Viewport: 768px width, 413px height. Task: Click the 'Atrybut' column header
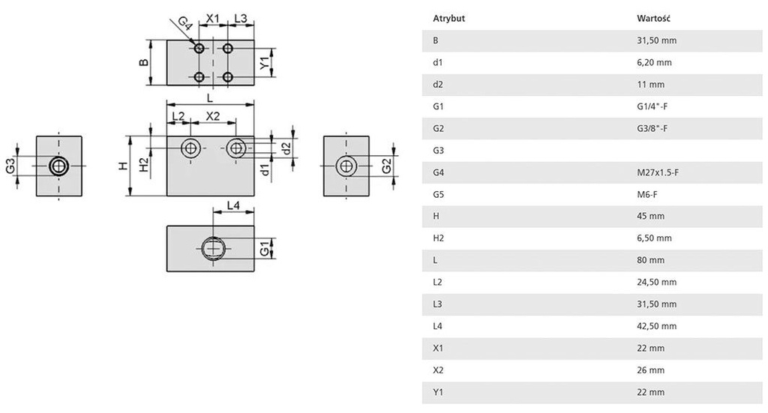[449, 19]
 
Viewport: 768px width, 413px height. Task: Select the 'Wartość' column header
[652, 19]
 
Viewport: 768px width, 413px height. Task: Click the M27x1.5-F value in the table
[657, 172]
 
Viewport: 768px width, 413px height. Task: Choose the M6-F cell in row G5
[646, 195]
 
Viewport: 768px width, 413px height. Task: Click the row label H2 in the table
[438, 238]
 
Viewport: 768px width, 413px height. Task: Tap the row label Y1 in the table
[437, 392]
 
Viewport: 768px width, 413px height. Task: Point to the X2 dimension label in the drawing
[213, 116]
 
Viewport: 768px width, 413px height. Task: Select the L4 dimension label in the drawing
[232, 205]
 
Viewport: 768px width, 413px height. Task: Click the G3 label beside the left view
[11, 166]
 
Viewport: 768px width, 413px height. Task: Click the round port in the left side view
[58, 166]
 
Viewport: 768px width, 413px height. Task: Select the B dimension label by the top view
[143, 62]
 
